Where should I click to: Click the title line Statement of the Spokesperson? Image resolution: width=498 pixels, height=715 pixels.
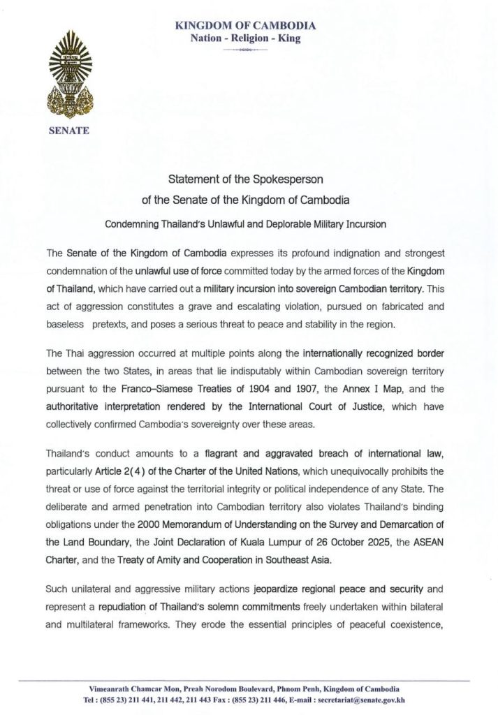click(249, 178)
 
